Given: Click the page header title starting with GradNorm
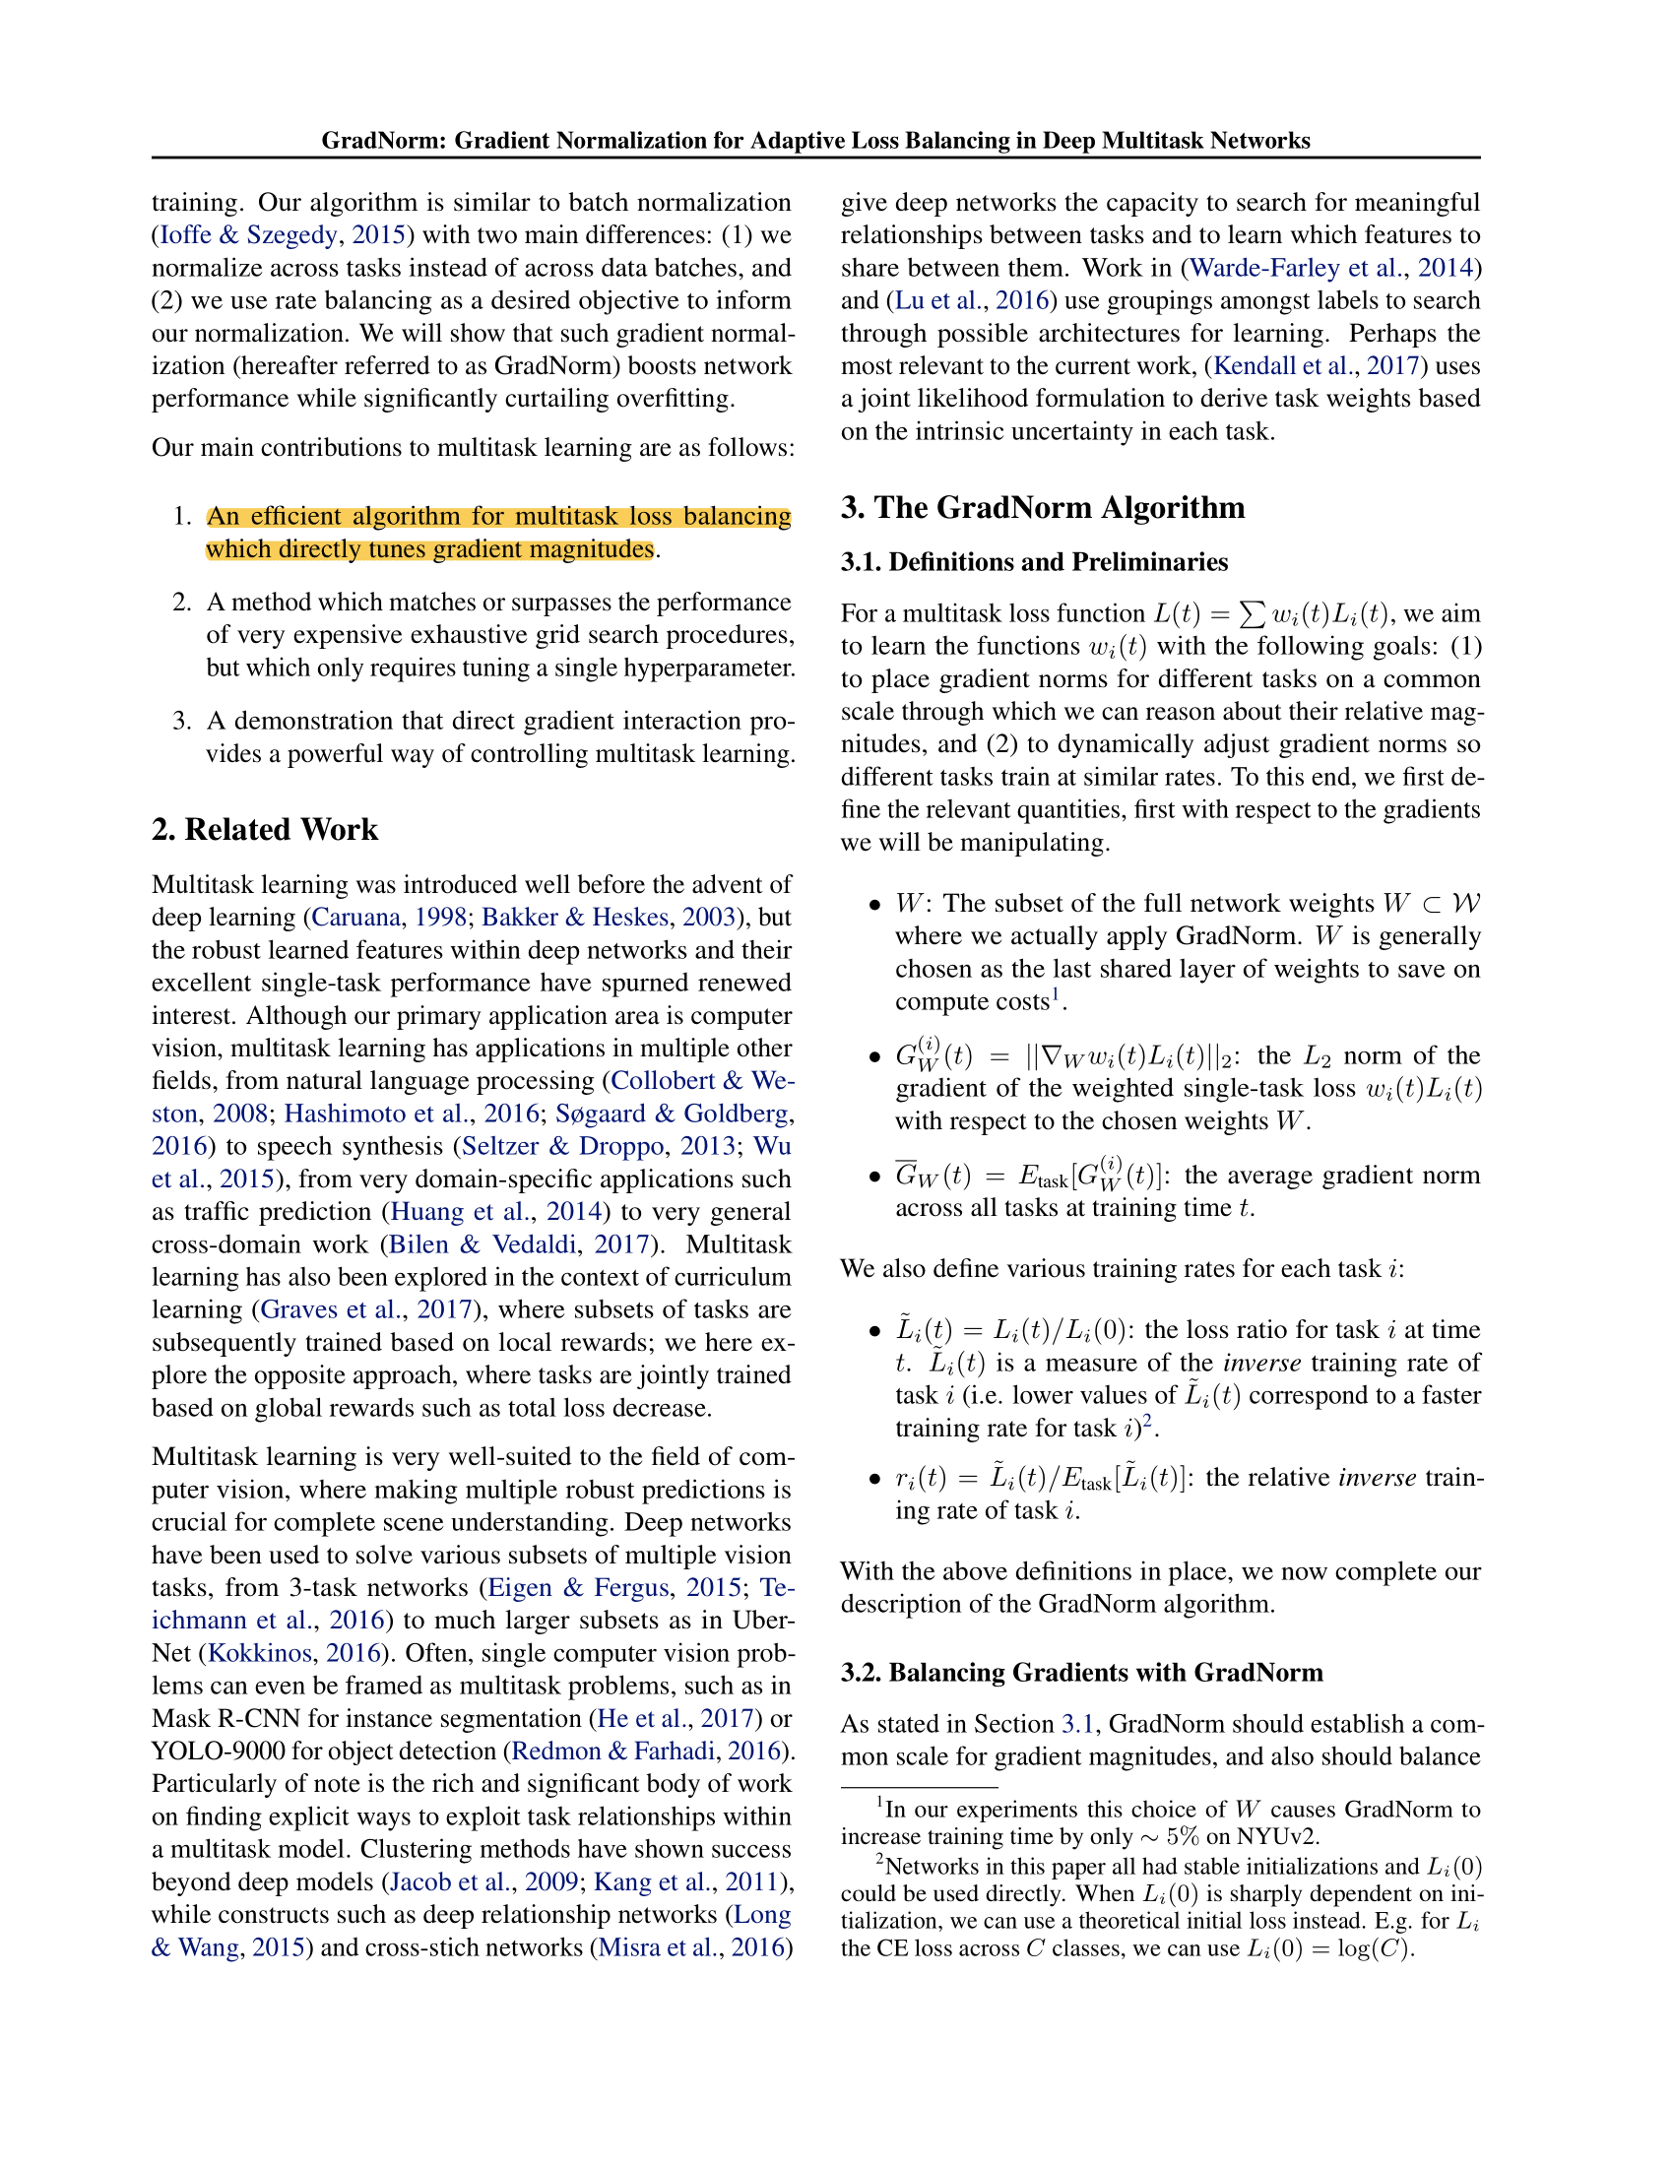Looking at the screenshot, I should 815,140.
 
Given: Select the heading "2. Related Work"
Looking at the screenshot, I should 265,829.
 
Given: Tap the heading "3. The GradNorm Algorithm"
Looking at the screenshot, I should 1042,508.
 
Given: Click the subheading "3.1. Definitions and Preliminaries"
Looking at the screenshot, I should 1034,562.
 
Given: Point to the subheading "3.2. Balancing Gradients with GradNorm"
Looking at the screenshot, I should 1082,1672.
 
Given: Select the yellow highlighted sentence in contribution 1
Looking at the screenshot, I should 498,533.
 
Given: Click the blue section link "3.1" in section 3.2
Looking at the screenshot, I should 1077,1724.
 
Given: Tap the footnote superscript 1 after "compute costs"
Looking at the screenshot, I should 1057,994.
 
